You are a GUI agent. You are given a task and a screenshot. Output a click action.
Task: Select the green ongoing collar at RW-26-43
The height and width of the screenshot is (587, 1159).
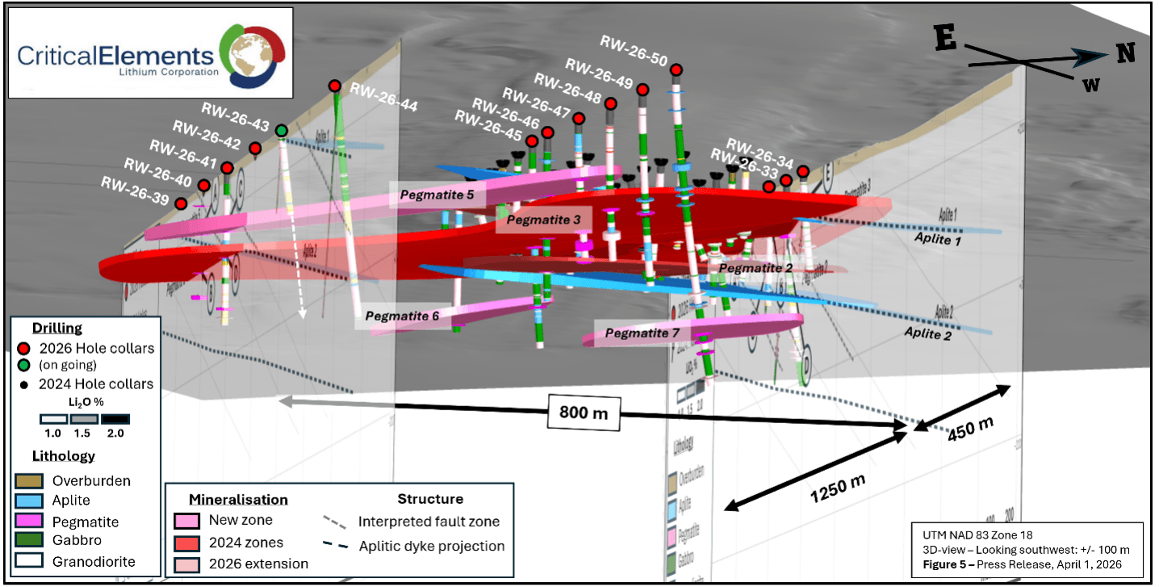click(x=282, y=130)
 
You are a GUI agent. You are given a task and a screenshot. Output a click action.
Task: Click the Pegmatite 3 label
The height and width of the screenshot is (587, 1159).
click(x=543, y=220)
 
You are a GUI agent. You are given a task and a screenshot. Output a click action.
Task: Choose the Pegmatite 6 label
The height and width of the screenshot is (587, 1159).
click(x=402, y=317)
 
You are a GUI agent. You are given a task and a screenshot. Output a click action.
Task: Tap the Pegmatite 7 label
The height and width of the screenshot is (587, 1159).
click(x=642, y=332)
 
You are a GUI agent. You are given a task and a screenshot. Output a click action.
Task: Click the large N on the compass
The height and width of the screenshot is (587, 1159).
click(x=1125, y=53)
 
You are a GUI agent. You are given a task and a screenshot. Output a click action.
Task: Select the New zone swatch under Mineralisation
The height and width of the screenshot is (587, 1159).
click(x=187, y=521)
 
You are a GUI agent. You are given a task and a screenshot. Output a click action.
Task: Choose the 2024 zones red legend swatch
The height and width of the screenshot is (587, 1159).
click(x=187, y=543)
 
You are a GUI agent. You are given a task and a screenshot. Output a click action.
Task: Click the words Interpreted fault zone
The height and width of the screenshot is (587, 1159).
click(x=429, y=522)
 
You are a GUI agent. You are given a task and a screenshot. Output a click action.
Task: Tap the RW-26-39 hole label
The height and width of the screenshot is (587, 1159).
click(x=134, y=183)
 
